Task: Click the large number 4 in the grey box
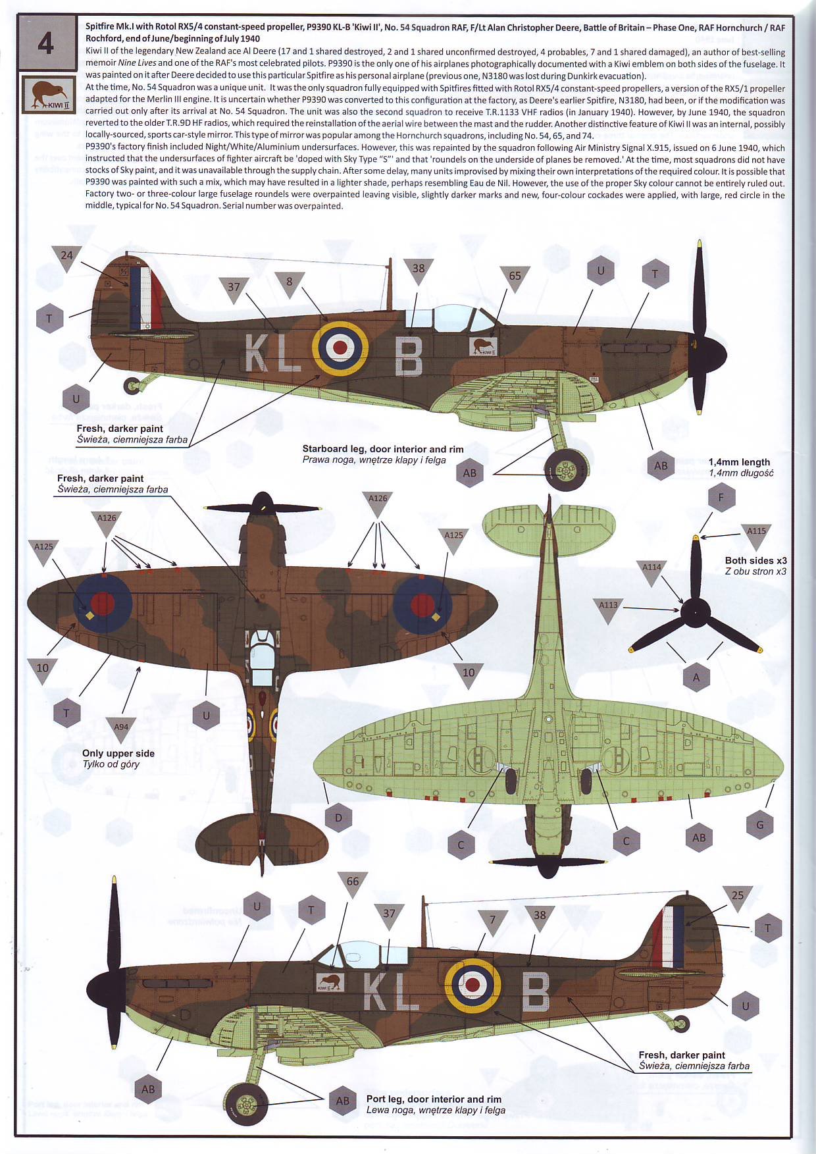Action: pos(45,43)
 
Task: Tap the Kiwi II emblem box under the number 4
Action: pos(49,94)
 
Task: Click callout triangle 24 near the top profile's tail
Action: pos(66,257)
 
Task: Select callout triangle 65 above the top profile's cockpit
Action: pos(515,277)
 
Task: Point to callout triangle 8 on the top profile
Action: pos(289,282)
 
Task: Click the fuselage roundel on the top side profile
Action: pos(340,346)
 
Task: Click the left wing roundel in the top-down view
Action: pos(102,603)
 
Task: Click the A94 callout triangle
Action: pos(121,728)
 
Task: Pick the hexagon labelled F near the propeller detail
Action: pos(721,498)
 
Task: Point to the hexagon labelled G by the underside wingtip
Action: pos(759,825)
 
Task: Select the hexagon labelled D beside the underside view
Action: pos(338,818)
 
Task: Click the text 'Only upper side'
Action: pos(118,753)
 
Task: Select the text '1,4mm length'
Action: pos(739,462)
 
